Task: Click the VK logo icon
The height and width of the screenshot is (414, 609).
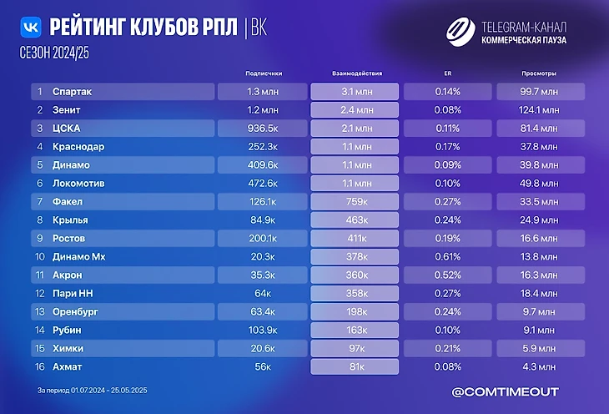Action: click(x=31, y=27)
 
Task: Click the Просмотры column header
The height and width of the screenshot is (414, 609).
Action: click(x=540, y=73)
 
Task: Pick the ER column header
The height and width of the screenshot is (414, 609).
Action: click(x=448, y=73)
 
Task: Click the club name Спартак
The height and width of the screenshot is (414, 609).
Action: click(x=72, y=91)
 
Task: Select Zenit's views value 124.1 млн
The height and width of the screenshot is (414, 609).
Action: click(x=540, y=109)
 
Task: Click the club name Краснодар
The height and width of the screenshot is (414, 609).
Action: click(x=78, y=146)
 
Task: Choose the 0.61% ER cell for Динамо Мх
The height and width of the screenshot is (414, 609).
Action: click(x=448, y=256)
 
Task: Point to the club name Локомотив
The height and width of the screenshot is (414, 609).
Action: click(x=78, y=183)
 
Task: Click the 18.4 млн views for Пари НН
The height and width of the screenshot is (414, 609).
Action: click(x=540, y=293)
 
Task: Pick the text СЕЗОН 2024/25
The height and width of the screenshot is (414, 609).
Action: click(x=53, y=53)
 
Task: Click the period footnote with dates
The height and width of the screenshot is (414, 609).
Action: click(x=93, y=391)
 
